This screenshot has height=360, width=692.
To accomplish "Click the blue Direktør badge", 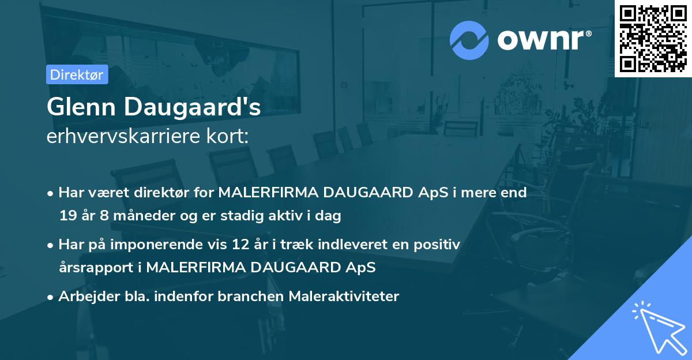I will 77,74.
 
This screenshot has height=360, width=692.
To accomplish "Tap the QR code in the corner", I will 653,38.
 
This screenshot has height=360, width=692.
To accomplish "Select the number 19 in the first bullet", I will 67,216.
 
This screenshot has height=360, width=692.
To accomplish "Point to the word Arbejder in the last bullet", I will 82,297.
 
